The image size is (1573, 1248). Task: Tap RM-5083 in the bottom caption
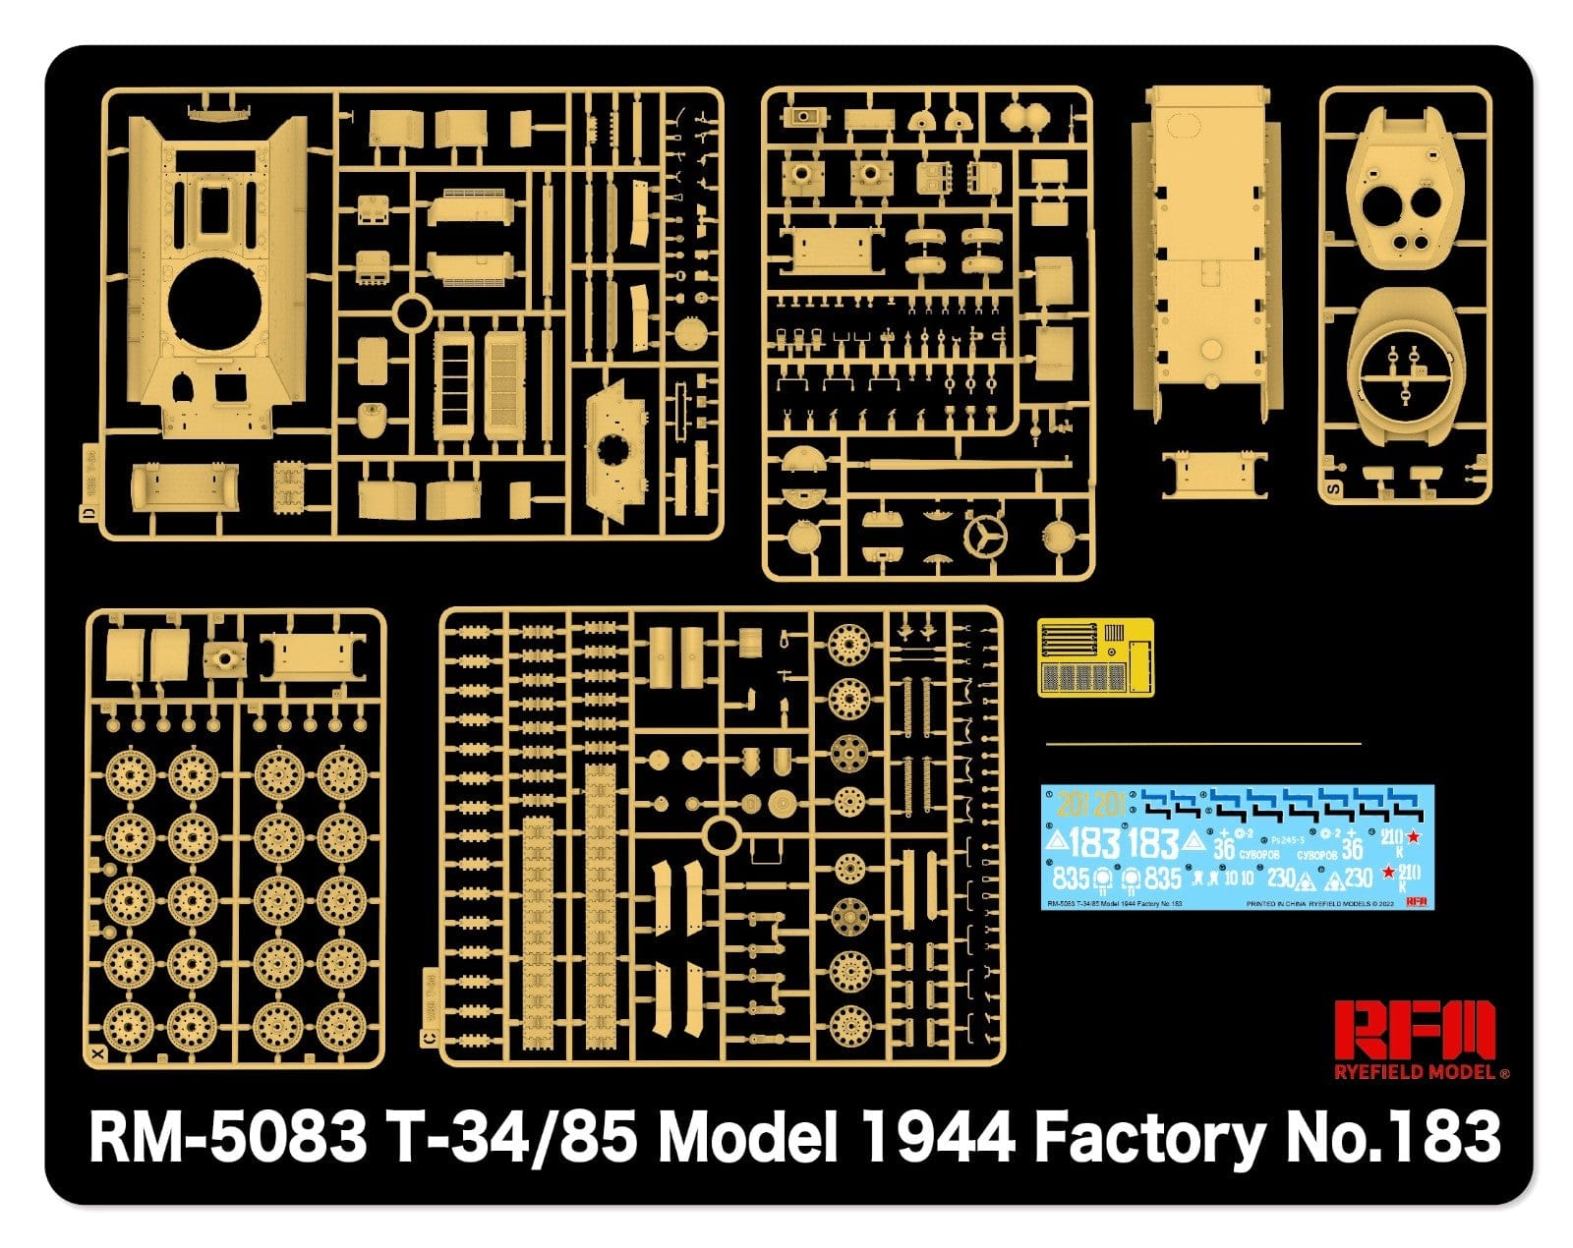[227, 1139]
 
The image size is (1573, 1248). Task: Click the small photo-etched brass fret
[1094, 656]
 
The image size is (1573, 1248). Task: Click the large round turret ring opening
[215, 305]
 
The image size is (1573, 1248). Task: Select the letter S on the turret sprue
[1334, 487]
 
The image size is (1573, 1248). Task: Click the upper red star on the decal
[1414, 837]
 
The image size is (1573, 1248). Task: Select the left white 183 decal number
[1093, 843]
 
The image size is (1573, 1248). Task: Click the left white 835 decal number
[1071, 877]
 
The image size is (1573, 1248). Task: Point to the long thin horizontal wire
[1204, 744]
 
